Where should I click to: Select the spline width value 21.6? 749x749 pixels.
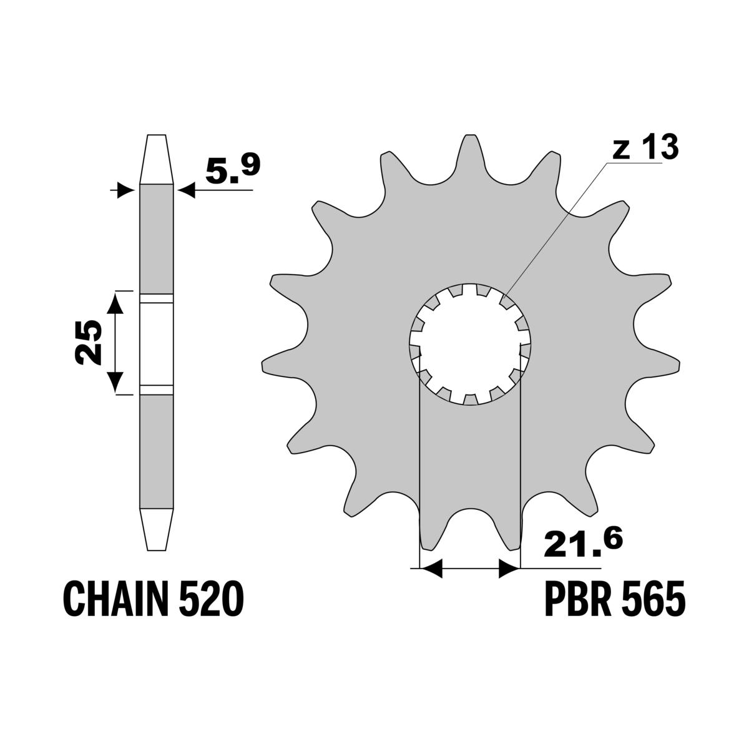coord(583,544)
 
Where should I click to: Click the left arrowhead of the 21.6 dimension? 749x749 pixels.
coord(431,568)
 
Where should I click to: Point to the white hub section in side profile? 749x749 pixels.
coord(155,343)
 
